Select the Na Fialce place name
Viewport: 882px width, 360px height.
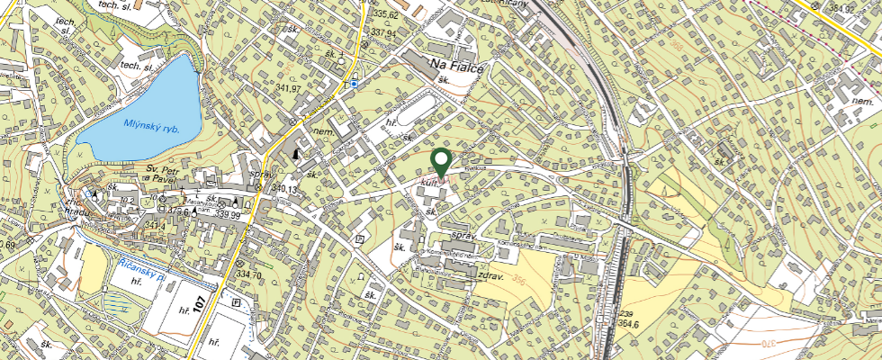pyautogui.click(x=457, y=65)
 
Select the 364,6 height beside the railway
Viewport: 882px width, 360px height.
pyautogui.click(x=629, y=323)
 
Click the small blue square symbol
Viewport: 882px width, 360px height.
pyautogui.click(x=355, y=84)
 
